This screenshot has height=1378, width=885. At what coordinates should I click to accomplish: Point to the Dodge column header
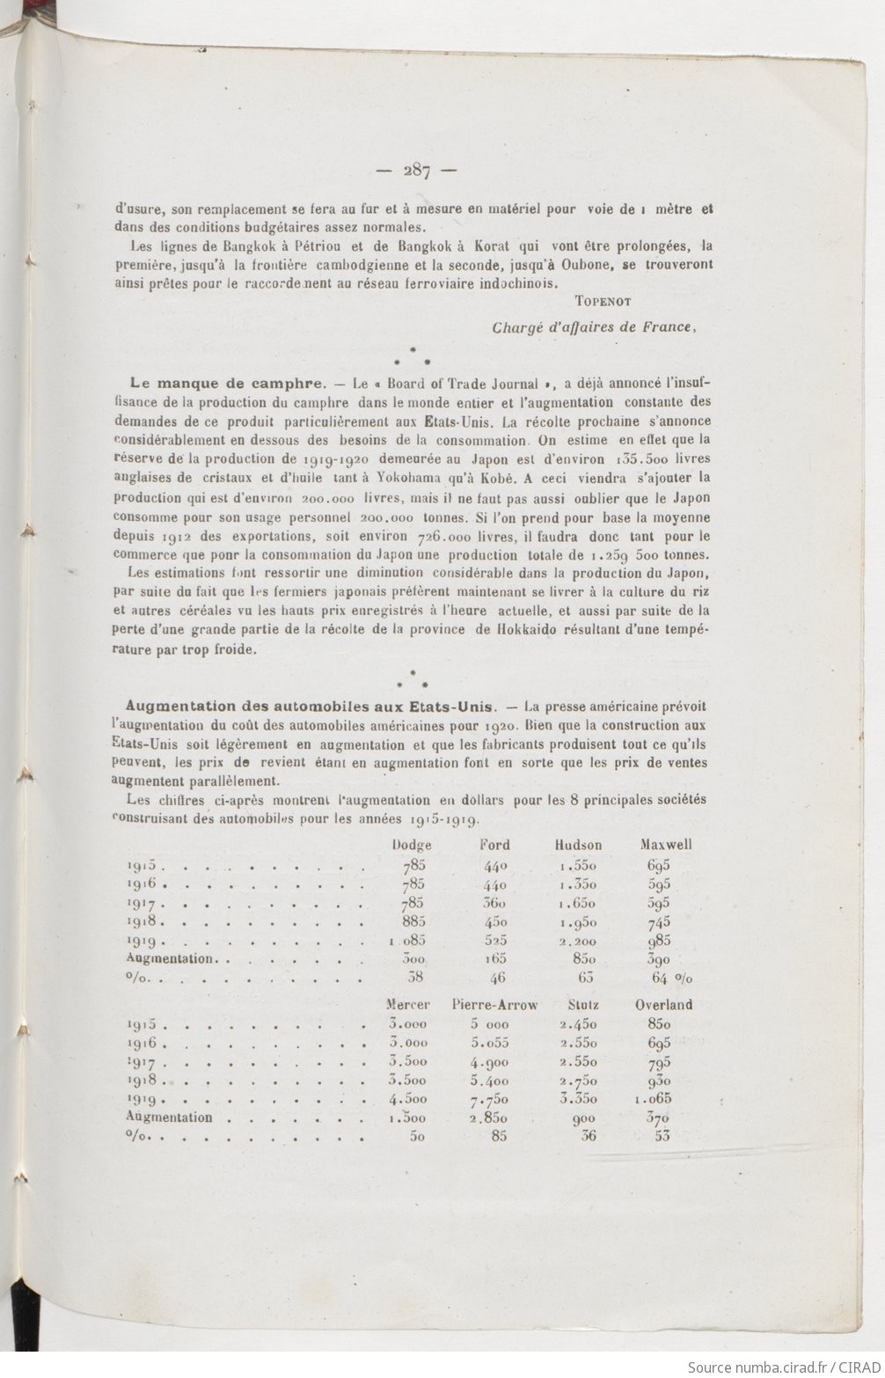point(412,845)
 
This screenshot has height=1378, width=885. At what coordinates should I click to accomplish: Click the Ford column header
point(494,845)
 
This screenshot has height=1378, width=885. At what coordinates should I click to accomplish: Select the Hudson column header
point(578,845)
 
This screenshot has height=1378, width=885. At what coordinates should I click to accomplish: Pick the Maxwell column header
point(666,845)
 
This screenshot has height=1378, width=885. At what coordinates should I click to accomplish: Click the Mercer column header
point(408,1004)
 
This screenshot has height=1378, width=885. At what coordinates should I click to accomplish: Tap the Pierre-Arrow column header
point(494,1004)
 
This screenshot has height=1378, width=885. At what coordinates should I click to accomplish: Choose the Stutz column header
point(583,1004)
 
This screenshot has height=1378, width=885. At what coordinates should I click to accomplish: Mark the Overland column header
point(663,1004)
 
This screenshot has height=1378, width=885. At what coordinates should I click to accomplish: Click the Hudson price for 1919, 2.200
point(577,940)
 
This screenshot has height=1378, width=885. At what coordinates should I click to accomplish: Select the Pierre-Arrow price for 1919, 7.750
point(488,1099)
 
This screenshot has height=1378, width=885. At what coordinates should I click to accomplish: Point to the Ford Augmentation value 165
point(495,958)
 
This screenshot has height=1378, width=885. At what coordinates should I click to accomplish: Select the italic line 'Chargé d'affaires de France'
point(595,327)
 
